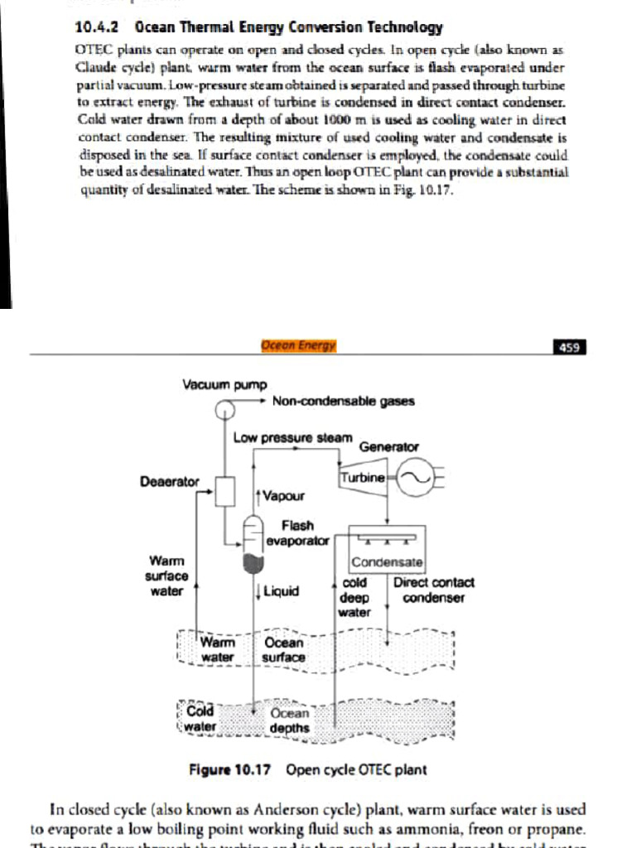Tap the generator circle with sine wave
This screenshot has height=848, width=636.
[411, 478]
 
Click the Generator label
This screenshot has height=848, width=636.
[388, 447]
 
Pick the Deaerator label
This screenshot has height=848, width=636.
[170, 481]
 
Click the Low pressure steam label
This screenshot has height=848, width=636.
[293, 437]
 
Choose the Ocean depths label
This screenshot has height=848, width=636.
[289, 720]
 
